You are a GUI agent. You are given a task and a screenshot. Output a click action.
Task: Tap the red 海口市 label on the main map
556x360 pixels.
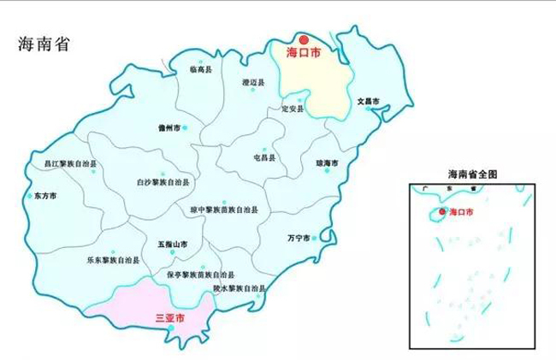pyautogui.click(x=303, y=53)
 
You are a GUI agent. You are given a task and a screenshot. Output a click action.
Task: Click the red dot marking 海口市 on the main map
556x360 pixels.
pyautogui.click(x=304, y=39)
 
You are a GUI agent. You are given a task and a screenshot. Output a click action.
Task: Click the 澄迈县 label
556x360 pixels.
pyautogui.click(x=254, y=83)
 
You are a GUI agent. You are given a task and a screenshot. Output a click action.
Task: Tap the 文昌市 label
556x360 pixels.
pyautogui.click(x=367, y=101)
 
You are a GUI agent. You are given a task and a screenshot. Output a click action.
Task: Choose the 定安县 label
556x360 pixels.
pyautogui.click(x=293, y=110)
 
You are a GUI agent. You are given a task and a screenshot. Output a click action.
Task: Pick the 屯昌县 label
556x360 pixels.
pyautogui.click(x=265, y=158)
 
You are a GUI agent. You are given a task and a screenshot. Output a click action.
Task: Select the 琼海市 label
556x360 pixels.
pyautogui.click(x=328, y=162)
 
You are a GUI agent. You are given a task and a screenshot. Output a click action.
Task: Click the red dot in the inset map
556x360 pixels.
pyautogui.click(x=442, y=211)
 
